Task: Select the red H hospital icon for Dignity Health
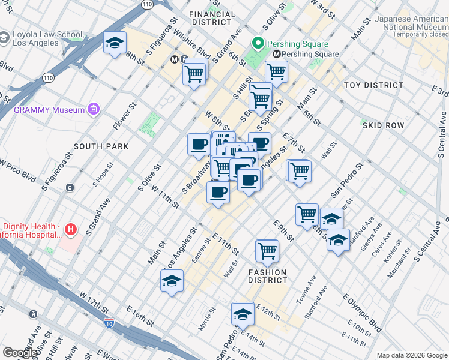pos(71,229)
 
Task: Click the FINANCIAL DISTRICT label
pos(212,18)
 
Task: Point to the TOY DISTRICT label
pos(373,85)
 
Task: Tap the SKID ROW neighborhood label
pos(382,125)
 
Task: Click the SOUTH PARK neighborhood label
pos(101,146)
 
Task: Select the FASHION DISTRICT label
pos(268,276)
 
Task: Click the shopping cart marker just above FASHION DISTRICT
pos(267,251)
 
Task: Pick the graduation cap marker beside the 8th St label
pos(115,43)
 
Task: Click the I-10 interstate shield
pos(109,323)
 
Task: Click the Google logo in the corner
pos(20,353)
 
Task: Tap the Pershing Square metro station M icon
pos(277,55)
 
